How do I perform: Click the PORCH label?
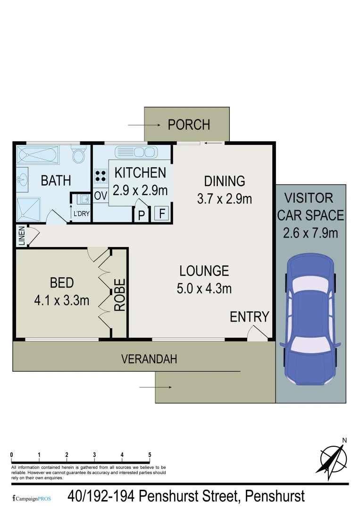(x=189, y=125)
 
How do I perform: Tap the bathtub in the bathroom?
(x=37, y=154)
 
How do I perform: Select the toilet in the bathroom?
(x=78, y=155)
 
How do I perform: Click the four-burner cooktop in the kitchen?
(x=100, y=176)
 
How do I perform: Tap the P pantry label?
(x=141, y=215)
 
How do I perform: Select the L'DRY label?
(x=81, y=214)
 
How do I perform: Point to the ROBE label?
(x=120, y=294)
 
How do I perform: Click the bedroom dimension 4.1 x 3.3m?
(x=62, y=300)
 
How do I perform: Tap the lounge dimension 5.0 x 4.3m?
(x=204, y=288)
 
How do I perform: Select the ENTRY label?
(x=249, y=316)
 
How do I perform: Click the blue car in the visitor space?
(x=310, y=319)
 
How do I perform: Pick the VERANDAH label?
(x=149, y=359)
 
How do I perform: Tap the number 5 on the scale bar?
(x=150, y=455)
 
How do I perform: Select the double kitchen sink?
(x=136, y=152)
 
